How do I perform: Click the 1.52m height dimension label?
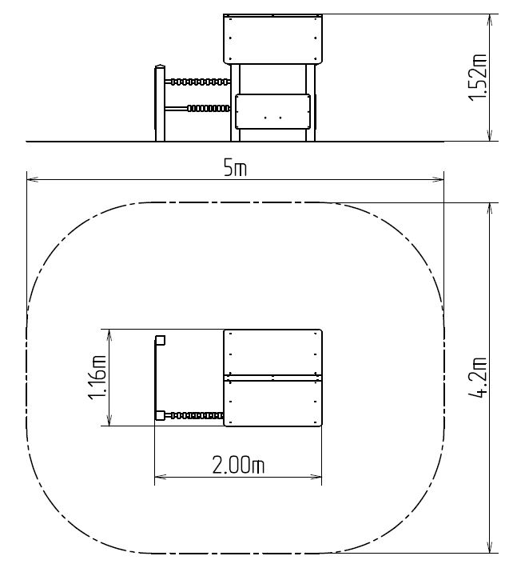(477, 78)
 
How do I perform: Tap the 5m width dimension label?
(235, 169)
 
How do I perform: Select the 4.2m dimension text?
(478, 378)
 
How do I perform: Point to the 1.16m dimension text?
(97, 378)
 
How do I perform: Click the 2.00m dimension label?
(238, 465)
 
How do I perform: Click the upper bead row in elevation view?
(200, 82)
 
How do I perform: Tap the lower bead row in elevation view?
(209, 108)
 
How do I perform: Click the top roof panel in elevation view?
(272, 39)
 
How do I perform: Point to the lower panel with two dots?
(272, 111)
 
